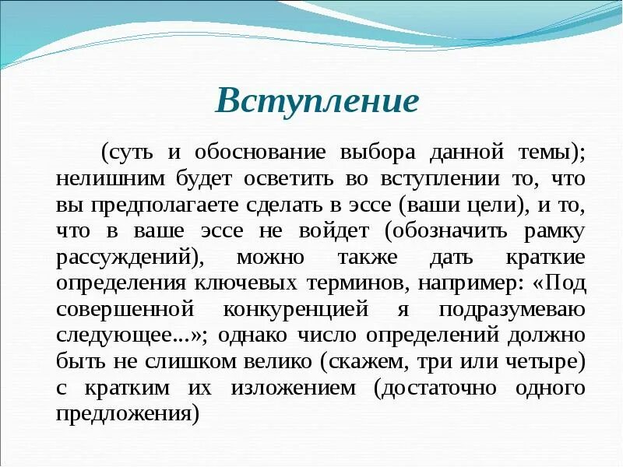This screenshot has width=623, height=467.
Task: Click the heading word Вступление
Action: point(317,100)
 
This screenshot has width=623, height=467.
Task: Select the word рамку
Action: point(557,231)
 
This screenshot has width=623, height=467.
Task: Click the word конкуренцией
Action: point(306,310)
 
